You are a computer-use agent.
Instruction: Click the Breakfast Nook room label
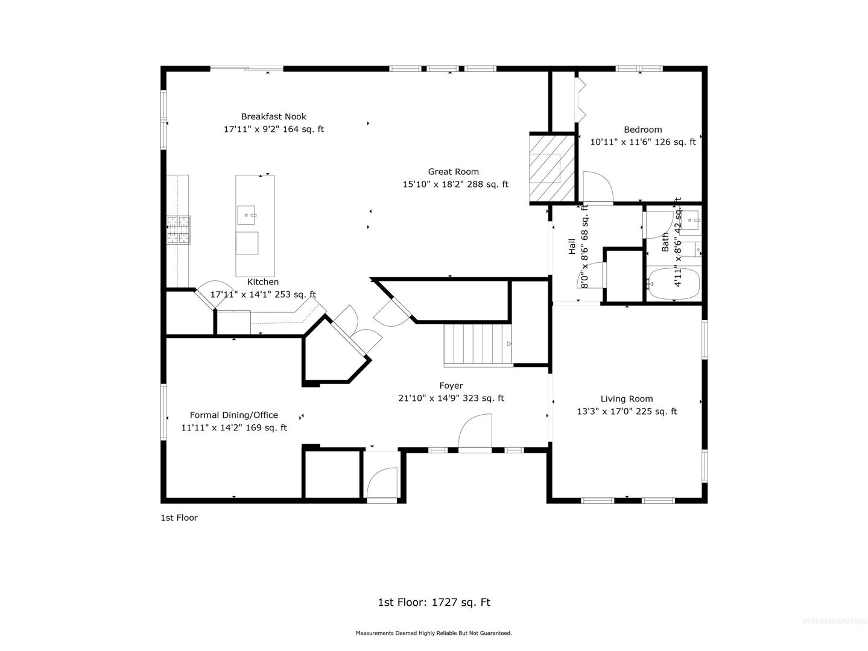pyautogui.click(x=273, y=116)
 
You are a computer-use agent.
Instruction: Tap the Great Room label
pyautogui.click(x=453, y=171)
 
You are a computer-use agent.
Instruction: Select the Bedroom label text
pyautogui.click(x=642, y=129)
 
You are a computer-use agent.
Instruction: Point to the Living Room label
pyautogui.click(x=626, y=398)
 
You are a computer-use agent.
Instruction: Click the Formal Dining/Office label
pyautogui.click(x=233, y=415)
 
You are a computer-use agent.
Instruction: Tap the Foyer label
pyautogui.click(x=451, y=385)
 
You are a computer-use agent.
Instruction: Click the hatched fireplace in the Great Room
pyautogui.click(x=552, y=168)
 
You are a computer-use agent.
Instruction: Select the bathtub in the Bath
pyautogui.click(x=673, y=284)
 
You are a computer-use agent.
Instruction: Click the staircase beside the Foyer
pyautogui.click(x=478, y=344)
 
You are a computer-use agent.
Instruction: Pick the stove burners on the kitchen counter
pyautogui.click(x=179, y=230)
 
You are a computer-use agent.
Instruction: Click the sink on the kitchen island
pyautogui.click(x=246, y=215)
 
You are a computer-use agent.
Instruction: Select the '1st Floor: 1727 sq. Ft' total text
pyautogui.click(x=434, y=602)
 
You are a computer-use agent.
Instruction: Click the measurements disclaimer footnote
pyautogui.click(x=434, y=633)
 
